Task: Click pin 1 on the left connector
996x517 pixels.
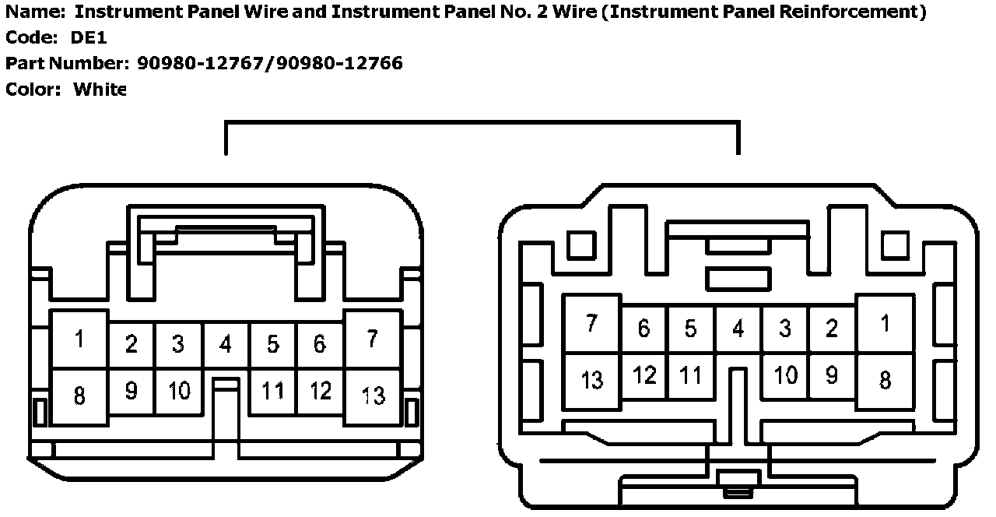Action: pyautogui.click(x=79, y=339)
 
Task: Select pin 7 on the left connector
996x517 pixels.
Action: pyautogui.click(x=373, y=339)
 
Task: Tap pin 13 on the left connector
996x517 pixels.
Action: pyautogui.click(x=373, y=396)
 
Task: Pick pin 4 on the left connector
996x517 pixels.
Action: pyautogui.click(x=226, y=344)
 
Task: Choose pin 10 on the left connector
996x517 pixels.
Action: pyautogui.click(x=179, y=390)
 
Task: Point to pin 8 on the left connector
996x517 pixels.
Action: pyautogui.click(x=79, y=396)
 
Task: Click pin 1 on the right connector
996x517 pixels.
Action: pyautogui.click(x=885, y=323)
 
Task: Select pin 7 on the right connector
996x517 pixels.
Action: pyautogui.click(x=592, y=323)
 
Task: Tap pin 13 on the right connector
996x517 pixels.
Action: pyautogui.click(x=592, y=380)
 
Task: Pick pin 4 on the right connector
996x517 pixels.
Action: pyautogui.click(x=738, y=329)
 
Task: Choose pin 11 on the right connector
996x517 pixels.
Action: pyautogui.click(x=690, y=375)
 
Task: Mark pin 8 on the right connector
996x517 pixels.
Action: pyautogui.click(x=885, y=380)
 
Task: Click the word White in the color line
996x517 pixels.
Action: pyautogui.click(x=99, y=89)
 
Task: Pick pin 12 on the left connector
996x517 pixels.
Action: pyautogui.click(x=320, y=390)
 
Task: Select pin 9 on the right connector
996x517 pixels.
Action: pyautogui.click(x=832, y=375)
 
